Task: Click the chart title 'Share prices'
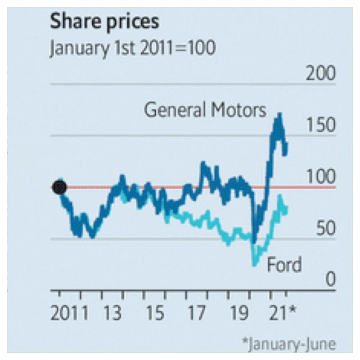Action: click(104, 22)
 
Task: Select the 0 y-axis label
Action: click(330, 280)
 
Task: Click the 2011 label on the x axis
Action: click(69, 314)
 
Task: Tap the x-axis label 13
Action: click(112, 314)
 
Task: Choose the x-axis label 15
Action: click(154, 314)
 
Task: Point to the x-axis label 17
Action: click(196, 314)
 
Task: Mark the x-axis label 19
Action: click(238, 314)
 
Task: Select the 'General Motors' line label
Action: click(205, 110)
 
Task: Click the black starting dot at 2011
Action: click(59, 187)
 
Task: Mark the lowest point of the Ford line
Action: click(255, 265)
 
